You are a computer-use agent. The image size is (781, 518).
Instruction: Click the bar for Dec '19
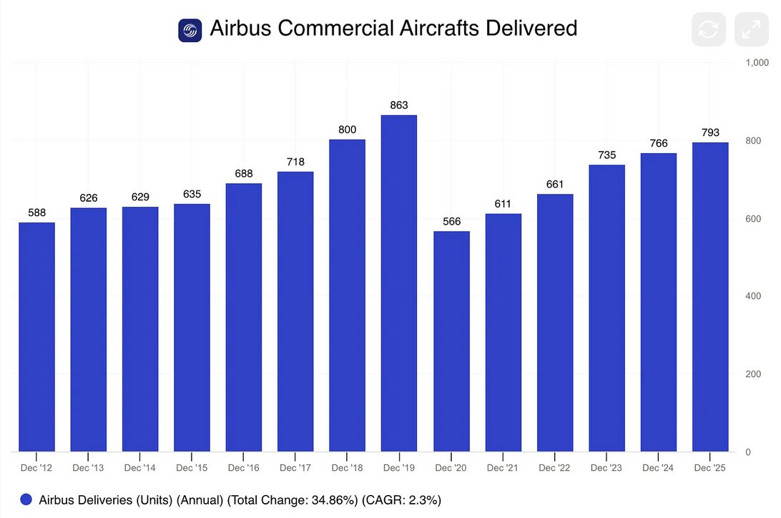tap(399, 283)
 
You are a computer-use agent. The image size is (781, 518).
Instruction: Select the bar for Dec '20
tap(451, 341)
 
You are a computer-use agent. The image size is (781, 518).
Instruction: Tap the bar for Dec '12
tap(36, 337)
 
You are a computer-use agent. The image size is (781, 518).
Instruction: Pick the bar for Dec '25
tap(710, 297)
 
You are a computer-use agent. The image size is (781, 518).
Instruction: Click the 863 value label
tap(399, 105)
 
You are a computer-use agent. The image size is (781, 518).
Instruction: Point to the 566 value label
tap(451, 221)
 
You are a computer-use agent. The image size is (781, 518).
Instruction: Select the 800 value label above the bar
tap(347, 129)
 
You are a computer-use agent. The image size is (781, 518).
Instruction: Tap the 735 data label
tap(606, 155)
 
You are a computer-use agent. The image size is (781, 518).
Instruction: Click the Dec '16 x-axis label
tap(243, 468)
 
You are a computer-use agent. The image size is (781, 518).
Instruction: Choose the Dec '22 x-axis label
tap(554, 468)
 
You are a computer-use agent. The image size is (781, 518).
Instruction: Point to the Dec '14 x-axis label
tap(139, 468)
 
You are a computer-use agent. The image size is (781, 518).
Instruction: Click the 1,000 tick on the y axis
tap(757, 63)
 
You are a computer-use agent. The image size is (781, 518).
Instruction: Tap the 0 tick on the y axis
tap(748, 452)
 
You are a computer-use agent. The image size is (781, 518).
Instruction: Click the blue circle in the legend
tap(26, 499)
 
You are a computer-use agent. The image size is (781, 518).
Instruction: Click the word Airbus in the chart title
tap(241, 29)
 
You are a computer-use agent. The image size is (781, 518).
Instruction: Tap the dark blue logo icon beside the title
tap(190, 30)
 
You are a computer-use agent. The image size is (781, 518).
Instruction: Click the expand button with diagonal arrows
tap(751, 29)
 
